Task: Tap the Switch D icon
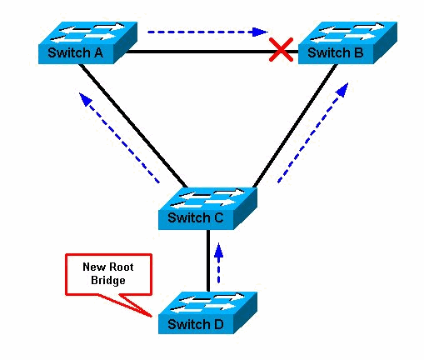click(x=208, y=313)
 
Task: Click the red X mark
click(x=282, y=51)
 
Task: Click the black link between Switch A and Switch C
click(x=134, y=125)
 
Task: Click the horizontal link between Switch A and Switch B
click(x=200, y=52)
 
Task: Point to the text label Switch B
click(x=336, y=54)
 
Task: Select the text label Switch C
click(x=196, y=219)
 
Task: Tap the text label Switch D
click(x=196, y=324)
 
